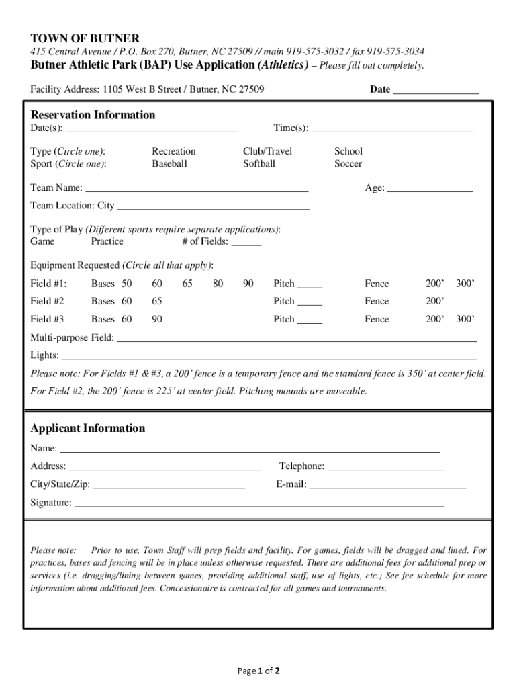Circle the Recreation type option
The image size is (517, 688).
174,151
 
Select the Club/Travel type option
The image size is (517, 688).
268,151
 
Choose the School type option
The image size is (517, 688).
348,151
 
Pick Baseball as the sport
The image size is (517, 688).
169,163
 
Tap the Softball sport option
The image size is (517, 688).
259,163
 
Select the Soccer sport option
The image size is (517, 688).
348,163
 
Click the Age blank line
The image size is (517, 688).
430,189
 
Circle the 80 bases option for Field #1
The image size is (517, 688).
218,284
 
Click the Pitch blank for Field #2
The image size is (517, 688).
310,302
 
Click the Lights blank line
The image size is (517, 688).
269,356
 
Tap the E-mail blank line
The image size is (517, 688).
387,485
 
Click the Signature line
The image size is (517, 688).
259,503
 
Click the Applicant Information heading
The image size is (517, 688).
88,428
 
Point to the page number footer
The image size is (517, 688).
258,671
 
